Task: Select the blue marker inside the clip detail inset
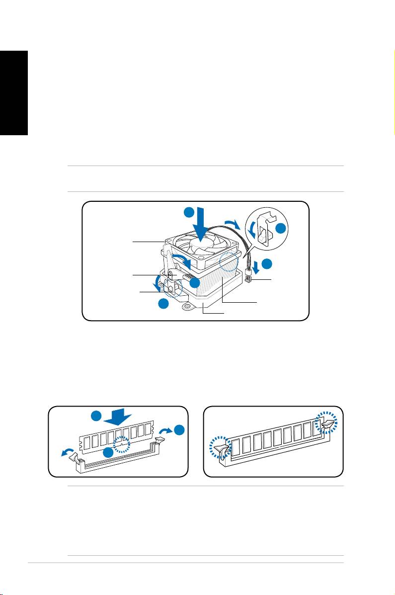281,229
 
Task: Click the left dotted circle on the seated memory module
221,449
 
